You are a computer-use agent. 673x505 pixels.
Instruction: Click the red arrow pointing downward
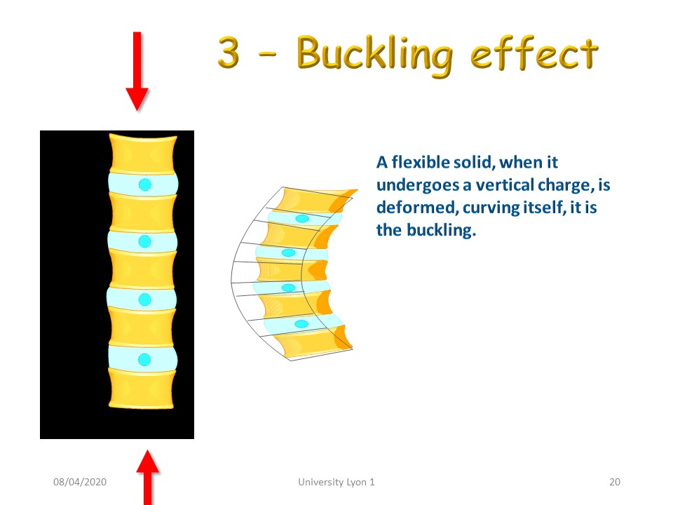137,71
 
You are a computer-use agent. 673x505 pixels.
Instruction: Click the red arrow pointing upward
148,478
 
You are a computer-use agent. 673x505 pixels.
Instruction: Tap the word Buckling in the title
374,55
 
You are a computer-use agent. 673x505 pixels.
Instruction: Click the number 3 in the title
229,53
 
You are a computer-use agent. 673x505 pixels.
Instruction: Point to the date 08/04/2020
80,482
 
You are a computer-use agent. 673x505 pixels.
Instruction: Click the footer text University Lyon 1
336,482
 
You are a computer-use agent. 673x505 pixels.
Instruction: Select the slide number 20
615,482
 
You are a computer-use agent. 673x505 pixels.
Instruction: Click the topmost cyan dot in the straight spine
145,184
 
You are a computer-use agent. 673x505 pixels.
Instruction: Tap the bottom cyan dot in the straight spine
144,359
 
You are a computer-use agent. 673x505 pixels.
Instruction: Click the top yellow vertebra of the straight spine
143,154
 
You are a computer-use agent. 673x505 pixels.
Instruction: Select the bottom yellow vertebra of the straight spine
142,388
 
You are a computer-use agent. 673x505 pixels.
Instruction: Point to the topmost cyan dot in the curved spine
302,219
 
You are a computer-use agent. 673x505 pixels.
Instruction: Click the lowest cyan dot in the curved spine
301,324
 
